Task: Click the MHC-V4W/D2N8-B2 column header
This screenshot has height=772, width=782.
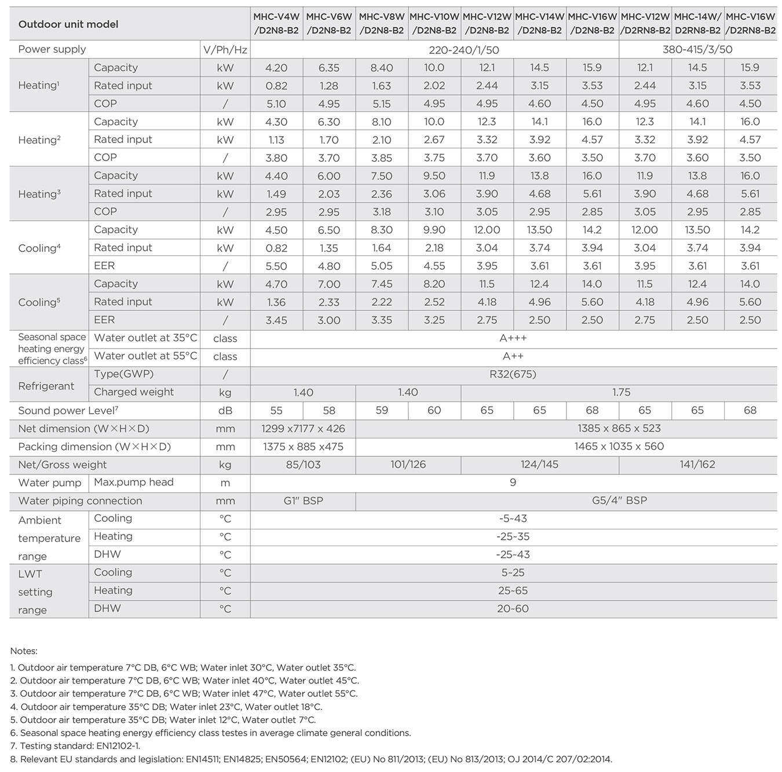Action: click(x=276, y=24)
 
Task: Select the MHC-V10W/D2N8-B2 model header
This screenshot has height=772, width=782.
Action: click(x=434, y=24)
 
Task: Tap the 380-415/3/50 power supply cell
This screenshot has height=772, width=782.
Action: click(x=697, y=49)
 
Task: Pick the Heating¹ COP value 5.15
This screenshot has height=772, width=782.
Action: click(x=382, y=104)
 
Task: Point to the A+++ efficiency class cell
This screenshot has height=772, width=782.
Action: click(x=513, y=338)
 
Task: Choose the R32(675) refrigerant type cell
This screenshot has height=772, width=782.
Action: click(x=513, y=374)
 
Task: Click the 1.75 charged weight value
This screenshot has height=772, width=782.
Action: click(x=621, y=392)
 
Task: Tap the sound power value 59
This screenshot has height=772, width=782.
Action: click(x=382, y=410)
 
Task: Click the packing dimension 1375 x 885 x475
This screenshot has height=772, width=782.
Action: click(x=303, y=447)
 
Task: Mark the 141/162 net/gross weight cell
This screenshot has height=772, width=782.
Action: click(x=697, y=464)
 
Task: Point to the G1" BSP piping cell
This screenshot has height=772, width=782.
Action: click(x=303, y=500)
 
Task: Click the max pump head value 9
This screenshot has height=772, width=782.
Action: click(x=513, y=482)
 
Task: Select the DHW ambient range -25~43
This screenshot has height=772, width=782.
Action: click(x=513, y=554)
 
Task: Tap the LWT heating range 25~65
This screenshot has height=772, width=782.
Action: click(x=513, y=591)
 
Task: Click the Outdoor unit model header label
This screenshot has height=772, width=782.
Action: click(x=68, y=24)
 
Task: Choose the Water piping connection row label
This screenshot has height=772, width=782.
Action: click(x=80, y=500)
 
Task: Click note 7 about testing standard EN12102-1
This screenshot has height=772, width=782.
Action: click(x=75, y=746)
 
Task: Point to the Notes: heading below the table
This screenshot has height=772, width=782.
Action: click(x=24, y=651)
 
